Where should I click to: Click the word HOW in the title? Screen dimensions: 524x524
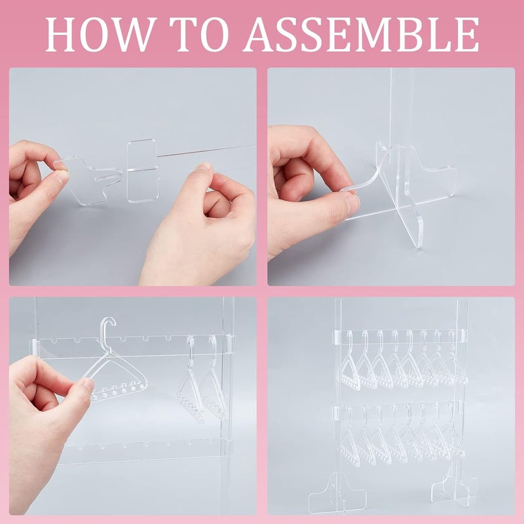pos(96,34)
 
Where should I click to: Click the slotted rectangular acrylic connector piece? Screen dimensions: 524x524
pos(143,170)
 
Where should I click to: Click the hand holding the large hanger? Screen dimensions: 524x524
pos(46,406)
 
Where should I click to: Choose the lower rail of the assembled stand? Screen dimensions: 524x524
pos(400,411)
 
